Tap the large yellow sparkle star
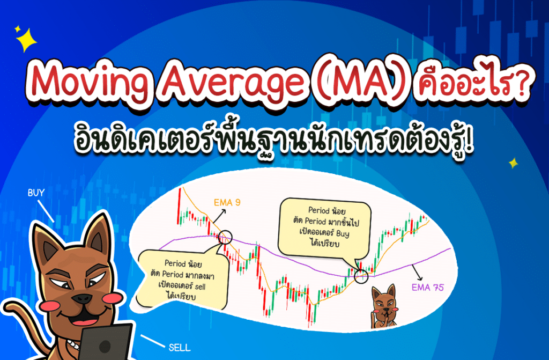[x=26, y=39]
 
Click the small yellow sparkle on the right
[x=513, y=163]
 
